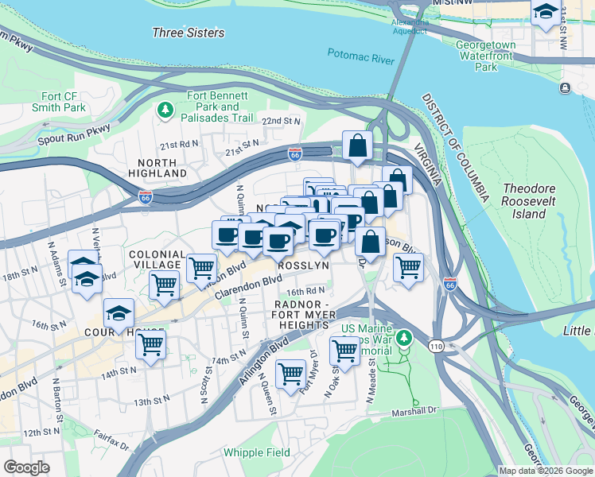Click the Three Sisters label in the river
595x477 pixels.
click(188, 33)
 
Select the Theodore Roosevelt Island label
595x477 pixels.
click(532, 202)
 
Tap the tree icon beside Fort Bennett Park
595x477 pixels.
click(165, 109)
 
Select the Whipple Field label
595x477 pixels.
click(256, 452)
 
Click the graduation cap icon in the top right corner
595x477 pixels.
click(546, 13)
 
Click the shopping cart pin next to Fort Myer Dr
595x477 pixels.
click(291, 371)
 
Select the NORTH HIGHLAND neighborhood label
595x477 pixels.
click(157, 167)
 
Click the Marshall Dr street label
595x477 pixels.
click(414, 413)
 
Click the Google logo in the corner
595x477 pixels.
click(27, 467)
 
